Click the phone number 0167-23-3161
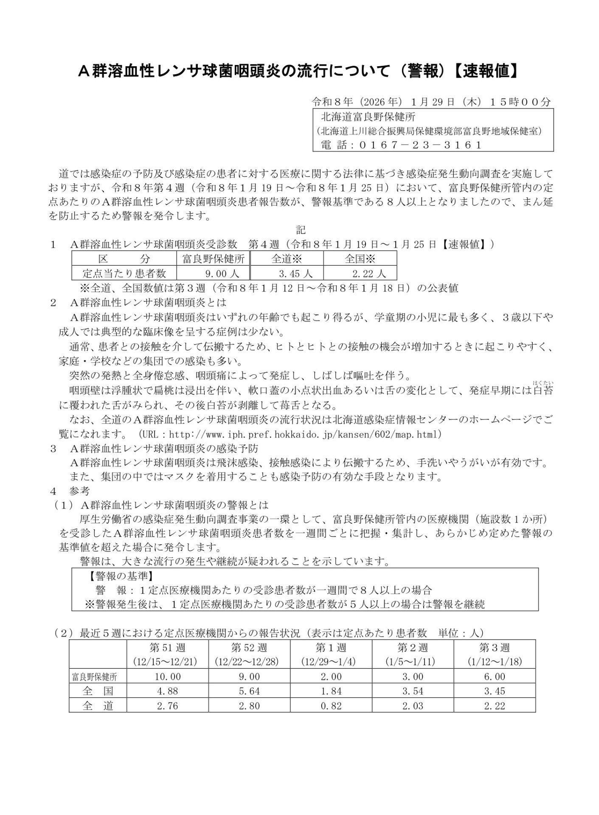pos(420,145)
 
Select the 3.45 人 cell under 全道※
pos(287,273)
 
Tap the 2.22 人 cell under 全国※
pos(360,273)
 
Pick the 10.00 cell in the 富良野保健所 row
pos(167,677)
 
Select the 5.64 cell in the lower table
pos(249,691)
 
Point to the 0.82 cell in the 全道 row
pos(331,706)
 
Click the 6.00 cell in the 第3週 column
pos(495,677)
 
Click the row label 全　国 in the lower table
pos(98,691)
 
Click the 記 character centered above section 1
pos(301,230)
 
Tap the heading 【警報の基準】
pos(121,576)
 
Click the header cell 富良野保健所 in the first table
pos(213,259)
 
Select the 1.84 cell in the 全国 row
pos(331,691)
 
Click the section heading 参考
pos(80,491)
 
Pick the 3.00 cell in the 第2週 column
pos(413,677)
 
